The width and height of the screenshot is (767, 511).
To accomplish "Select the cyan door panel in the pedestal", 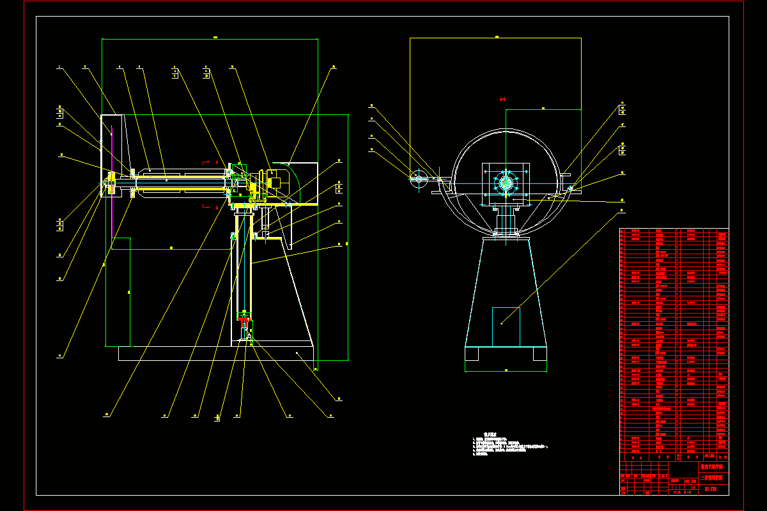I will [506, 326].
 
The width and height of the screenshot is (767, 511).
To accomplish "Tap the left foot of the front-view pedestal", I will [472, 355].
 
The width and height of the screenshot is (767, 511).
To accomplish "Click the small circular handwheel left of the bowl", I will [419, 179].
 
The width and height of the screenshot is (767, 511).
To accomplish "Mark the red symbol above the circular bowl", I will [502, 99].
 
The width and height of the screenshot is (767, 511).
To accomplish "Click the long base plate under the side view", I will [216, 353].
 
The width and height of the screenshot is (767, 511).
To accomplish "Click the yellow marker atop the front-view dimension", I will [497, 37].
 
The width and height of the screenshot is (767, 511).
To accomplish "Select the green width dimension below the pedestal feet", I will [506, 370].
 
